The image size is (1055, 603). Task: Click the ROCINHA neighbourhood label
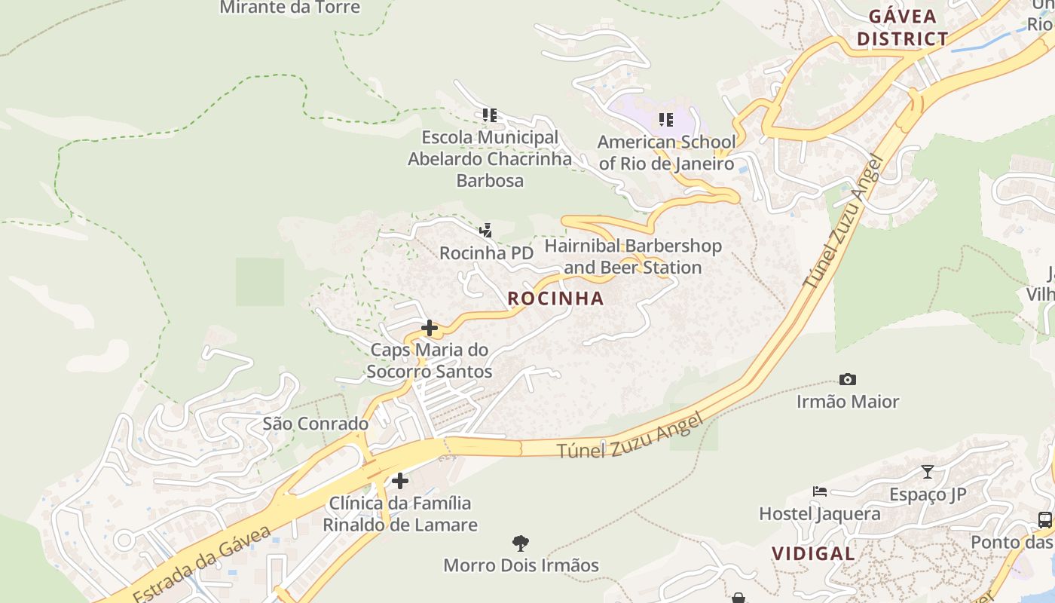(555, 298)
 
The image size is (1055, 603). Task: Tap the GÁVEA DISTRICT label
(902, 27)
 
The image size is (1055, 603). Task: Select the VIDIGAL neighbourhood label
(813, 553)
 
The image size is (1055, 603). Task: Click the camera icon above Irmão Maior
(848, 379)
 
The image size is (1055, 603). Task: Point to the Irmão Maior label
(848, 402)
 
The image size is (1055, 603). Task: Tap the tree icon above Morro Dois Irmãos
(521, 543)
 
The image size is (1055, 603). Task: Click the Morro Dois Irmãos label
(521, 565)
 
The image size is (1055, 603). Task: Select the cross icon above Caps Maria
(430, 328)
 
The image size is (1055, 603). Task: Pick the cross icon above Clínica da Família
(400, 480)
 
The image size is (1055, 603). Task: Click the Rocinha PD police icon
(486, 230)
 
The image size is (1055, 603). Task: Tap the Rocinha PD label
(486, 253)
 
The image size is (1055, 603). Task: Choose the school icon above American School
(665, 119)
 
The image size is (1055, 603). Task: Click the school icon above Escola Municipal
(490, 115)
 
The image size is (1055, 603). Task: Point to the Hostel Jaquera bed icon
(820, 491)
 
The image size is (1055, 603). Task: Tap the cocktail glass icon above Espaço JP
(928, 472)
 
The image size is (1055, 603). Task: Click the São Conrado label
(315, 424)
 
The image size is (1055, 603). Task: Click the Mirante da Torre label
(290, 8)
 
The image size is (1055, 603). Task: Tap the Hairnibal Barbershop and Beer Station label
(633, 256)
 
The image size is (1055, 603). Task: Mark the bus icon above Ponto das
(1045, 519)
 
